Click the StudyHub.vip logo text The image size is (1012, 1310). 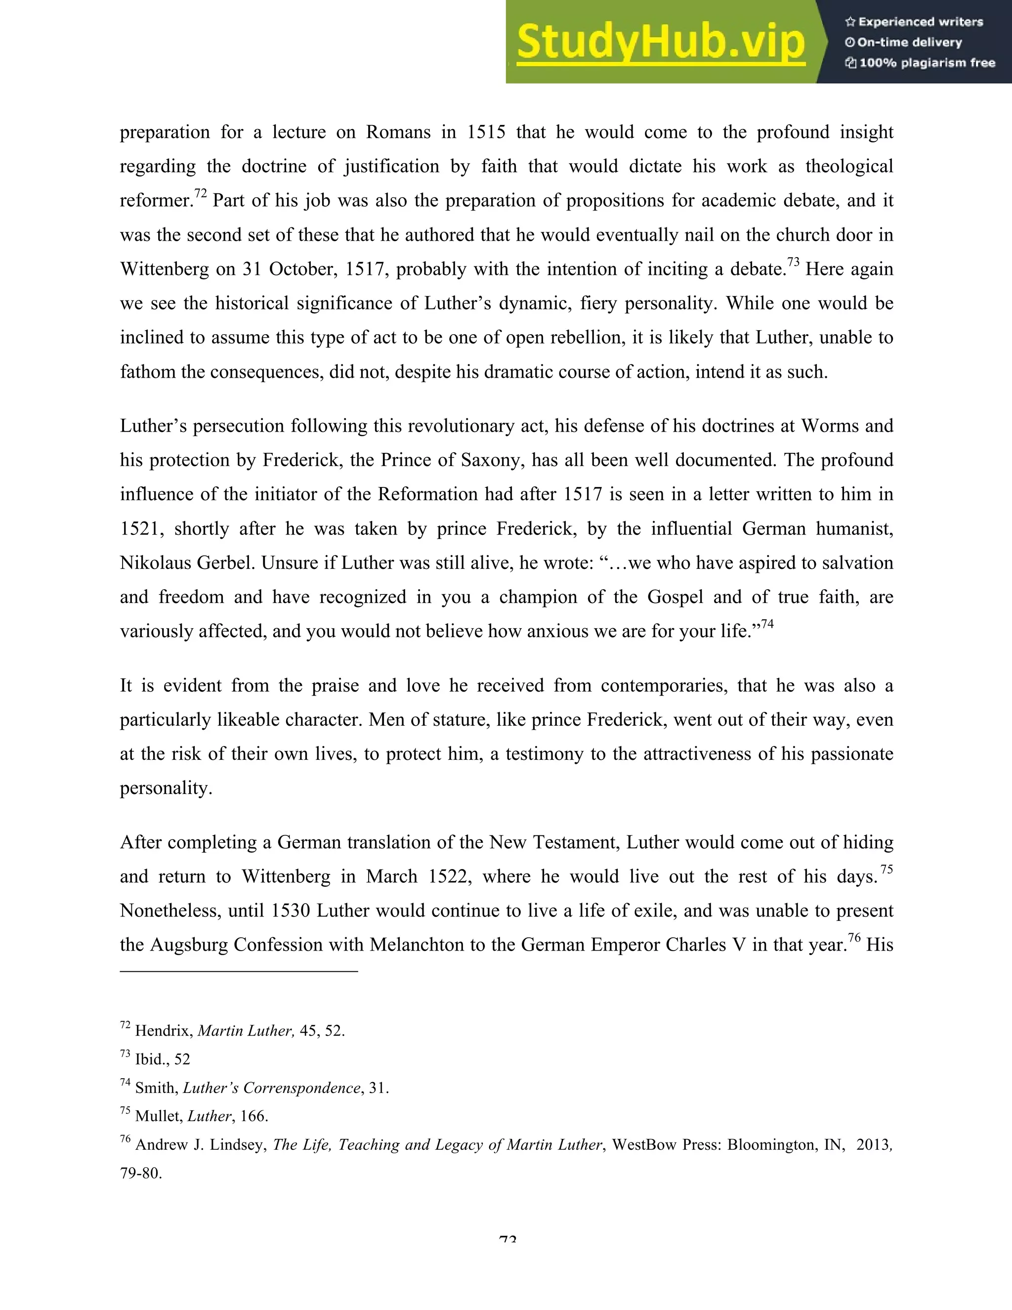click(x=660, y=42)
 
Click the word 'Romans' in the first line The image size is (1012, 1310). click(x=398, y=132)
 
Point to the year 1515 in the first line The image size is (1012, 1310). click(x=486, y=132)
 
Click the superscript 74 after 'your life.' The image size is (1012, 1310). click(x=767, y=624)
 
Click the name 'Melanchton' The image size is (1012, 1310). click(x=418, y=945)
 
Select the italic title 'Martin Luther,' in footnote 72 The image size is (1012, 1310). click(x=246, y=1031)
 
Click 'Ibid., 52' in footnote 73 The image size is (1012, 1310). click(x=162, y=1059)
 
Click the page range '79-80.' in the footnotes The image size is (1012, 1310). click(x=141, y=1173)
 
